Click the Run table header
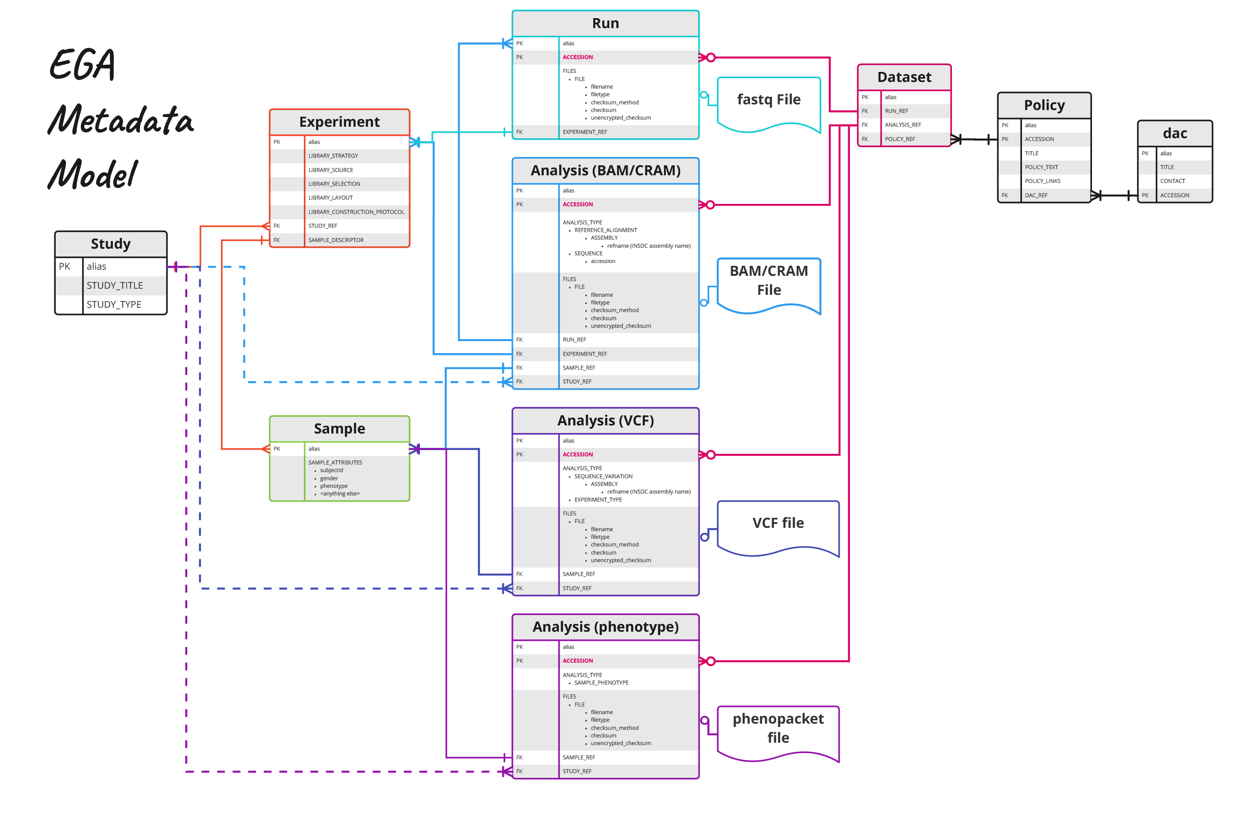605,23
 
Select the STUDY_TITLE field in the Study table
114,285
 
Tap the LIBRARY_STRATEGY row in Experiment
333,156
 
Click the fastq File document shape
768,102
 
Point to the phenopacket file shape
778,731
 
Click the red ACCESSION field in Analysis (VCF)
577,454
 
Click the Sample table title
339,428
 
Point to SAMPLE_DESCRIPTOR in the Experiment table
336,240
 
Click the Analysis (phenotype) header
605,626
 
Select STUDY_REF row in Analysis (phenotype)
577,771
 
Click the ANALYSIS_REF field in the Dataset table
902,125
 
